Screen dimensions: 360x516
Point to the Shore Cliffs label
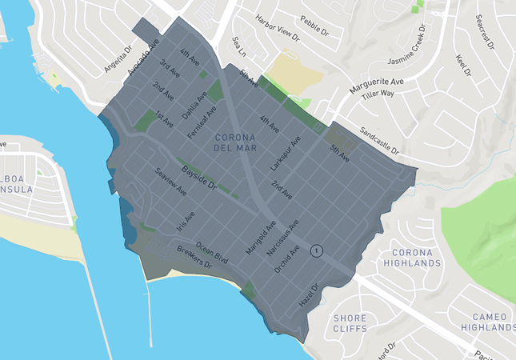coord(350,322)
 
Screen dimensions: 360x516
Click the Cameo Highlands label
coord(489,322)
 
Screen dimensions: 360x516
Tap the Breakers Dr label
coord(193,258)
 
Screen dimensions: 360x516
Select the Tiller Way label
coord(379,94)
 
